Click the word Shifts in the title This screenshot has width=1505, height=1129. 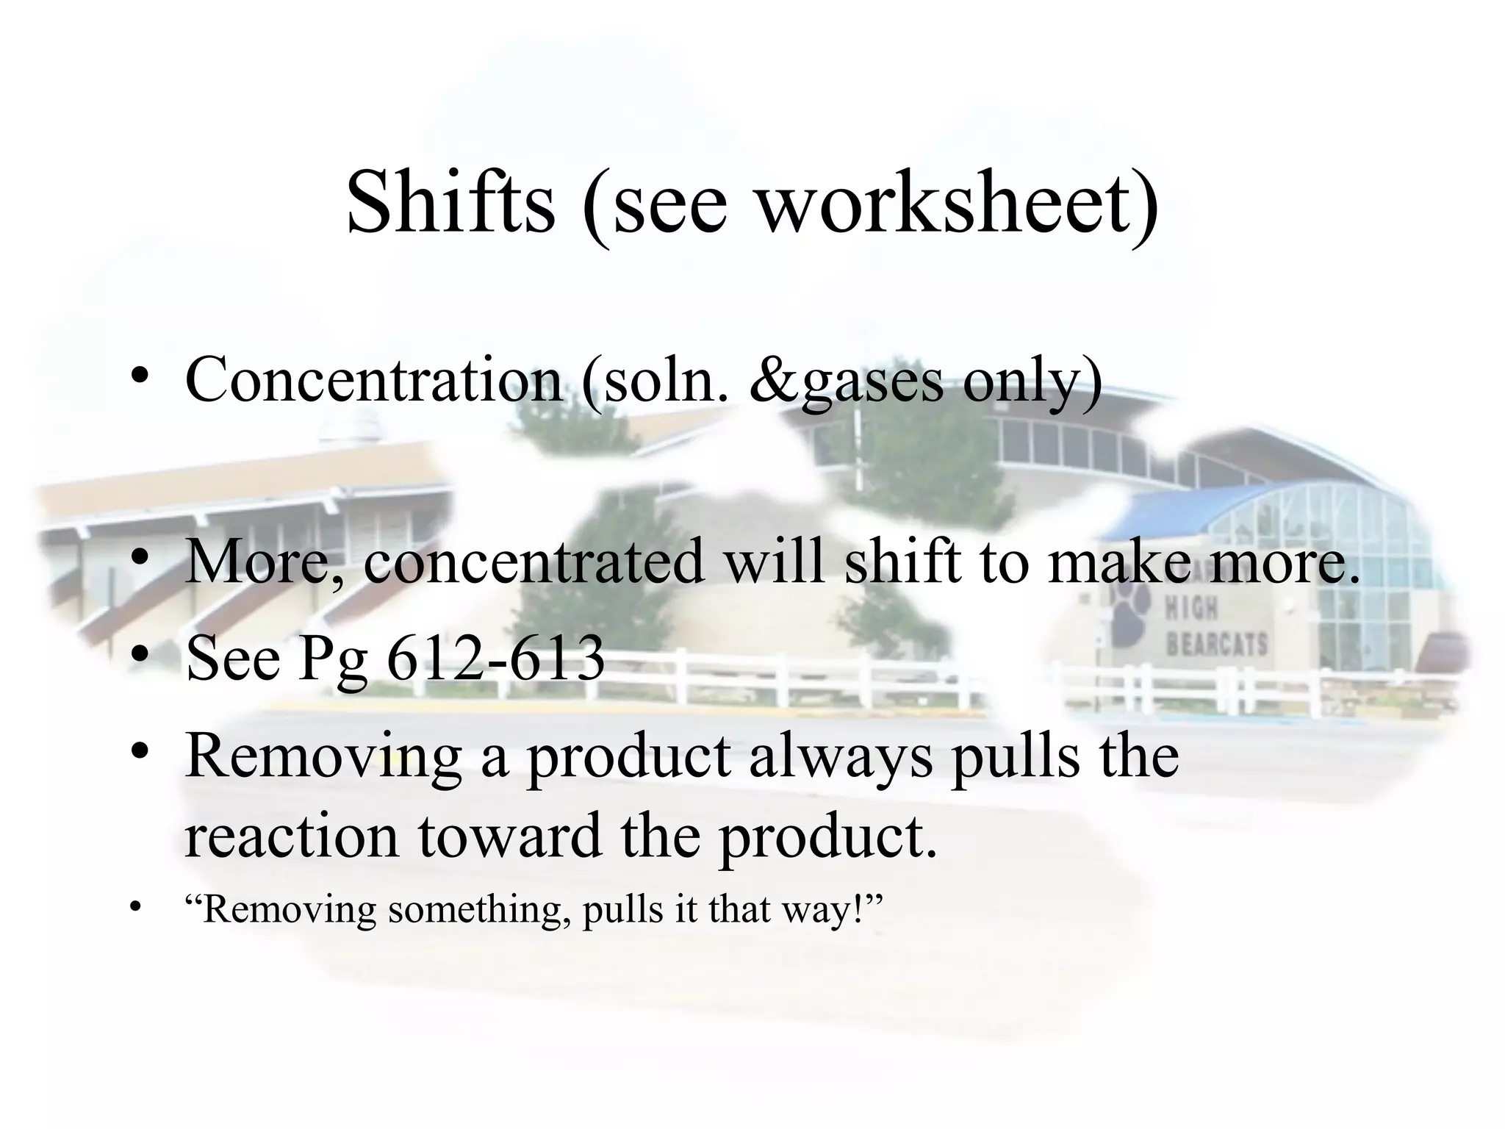450,202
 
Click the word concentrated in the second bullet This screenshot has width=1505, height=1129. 534,562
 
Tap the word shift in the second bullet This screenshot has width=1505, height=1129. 902,562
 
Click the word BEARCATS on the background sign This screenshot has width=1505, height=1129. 1216,645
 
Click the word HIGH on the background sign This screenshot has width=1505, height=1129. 1191,608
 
